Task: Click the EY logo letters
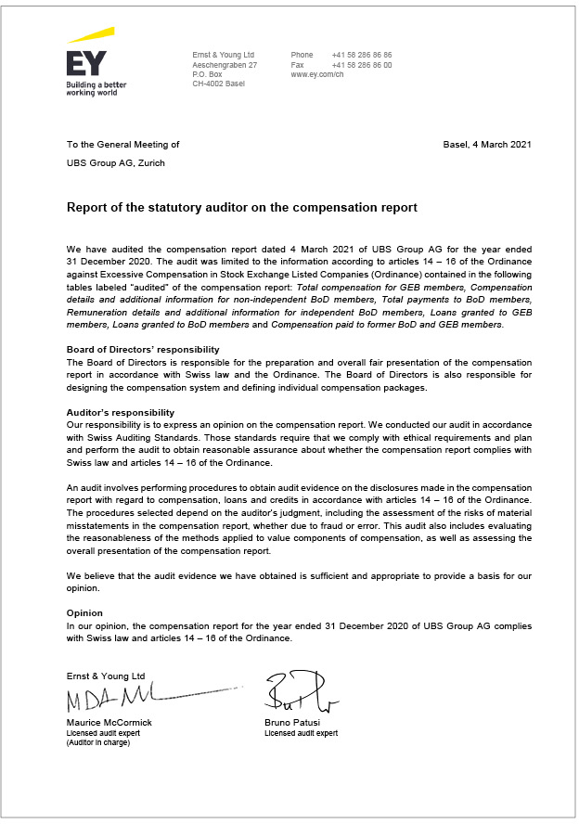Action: (86, 63)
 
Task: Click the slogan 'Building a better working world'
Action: (96, 88)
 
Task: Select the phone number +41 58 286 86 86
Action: (361, 56)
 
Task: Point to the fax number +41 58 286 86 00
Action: (361, 65)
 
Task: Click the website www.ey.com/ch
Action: (317, 75)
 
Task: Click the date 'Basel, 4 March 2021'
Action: (487, 145)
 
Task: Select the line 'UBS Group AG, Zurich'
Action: (116, 163)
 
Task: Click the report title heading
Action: (241, 207)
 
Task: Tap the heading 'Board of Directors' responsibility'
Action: (143, 349)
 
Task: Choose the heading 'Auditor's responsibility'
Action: (121, 413)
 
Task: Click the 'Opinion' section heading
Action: (84, 613)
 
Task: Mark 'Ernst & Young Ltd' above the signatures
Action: (106, 676)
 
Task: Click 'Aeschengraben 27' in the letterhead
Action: (225, 65)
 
